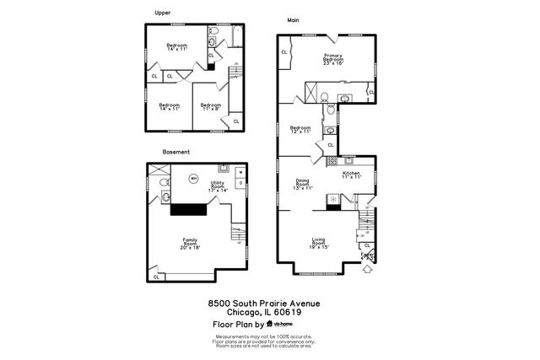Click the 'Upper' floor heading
[x=163, y=13]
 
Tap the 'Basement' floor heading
[x=175, y=152]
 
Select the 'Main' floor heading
[x=293, y=19]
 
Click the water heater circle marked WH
[x=193, y=179]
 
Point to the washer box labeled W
[x=240, y=173]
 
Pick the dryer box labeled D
[x=240, y=183]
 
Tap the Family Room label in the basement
[x=190, y=244]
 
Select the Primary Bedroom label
[x=333, y=59]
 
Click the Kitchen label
[x=351, y=175]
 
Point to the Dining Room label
[x=302, y=184]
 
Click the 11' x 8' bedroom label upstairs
[x=210, y=107]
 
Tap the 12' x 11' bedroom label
[x=301, y=130]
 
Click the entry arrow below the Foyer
[x=368, y=271]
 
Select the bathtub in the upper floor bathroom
[x=235, y=36]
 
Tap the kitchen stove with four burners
[x=332, y=160]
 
